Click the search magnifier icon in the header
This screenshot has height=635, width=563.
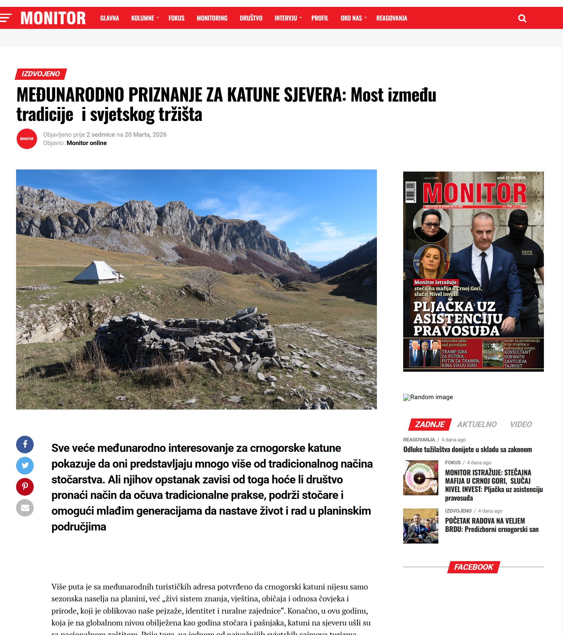point(522,18)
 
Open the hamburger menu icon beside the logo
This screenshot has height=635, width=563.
point(6,18)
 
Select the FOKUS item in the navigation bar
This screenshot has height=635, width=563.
point(176,18)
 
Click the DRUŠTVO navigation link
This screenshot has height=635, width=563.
point(251,18)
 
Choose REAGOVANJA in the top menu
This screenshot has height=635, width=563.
point(391,18)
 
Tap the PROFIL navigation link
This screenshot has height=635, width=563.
point(320,18)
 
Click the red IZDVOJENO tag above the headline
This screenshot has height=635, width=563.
point(41,74)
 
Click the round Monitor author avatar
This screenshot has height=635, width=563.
point(27,138)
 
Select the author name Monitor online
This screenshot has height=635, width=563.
point(86,143)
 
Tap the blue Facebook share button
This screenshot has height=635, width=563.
point(25,444)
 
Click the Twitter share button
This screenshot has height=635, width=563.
point(25,465)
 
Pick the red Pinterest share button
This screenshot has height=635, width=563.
point(25,486)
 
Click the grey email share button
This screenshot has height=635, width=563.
point(25,508)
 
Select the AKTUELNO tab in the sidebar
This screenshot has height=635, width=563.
point(477,424)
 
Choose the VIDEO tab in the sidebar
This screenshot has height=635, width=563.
point(521,424)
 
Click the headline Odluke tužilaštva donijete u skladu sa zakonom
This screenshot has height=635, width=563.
point(467,449)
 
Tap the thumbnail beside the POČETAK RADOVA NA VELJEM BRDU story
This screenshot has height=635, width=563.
point(420,526)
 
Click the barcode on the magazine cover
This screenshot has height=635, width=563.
point(411,192)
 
